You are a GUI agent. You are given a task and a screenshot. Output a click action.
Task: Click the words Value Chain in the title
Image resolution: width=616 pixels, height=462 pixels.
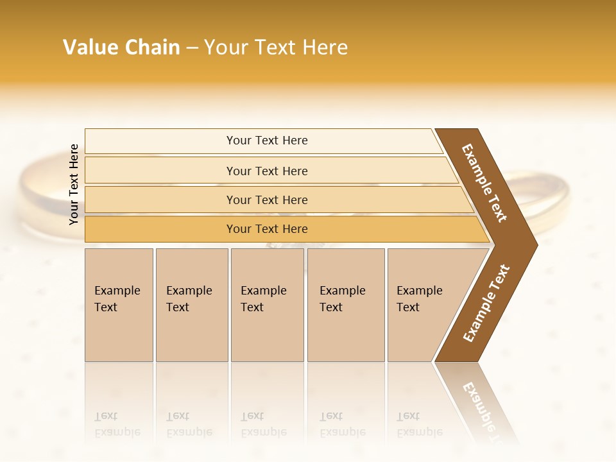(x=121, y=47)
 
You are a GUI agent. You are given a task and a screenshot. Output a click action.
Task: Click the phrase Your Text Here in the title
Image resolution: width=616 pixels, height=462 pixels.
(x=276, y=47)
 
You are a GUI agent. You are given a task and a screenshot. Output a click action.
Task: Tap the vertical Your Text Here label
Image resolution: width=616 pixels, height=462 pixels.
(x=74, y=184)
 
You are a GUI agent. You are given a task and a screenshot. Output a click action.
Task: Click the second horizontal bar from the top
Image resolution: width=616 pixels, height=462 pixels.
(x=266, y=171)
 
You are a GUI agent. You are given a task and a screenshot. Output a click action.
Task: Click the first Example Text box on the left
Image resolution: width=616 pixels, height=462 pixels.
(x=119, y=305)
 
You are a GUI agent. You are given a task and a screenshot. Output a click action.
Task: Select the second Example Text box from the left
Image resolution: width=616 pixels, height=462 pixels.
(x=191, y=305)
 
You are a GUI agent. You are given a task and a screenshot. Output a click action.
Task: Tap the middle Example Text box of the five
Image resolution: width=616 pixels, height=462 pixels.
(x=267, y=305)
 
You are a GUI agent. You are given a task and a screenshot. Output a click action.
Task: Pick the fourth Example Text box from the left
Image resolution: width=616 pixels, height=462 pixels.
(x=346, y=305)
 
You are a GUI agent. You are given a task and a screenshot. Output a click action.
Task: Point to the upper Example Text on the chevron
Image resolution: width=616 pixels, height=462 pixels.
(x=484, y=183)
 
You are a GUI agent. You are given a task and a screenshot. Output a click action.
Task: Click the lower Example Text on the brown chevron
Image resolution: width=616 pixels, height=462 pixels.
(x=486, y=303)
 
